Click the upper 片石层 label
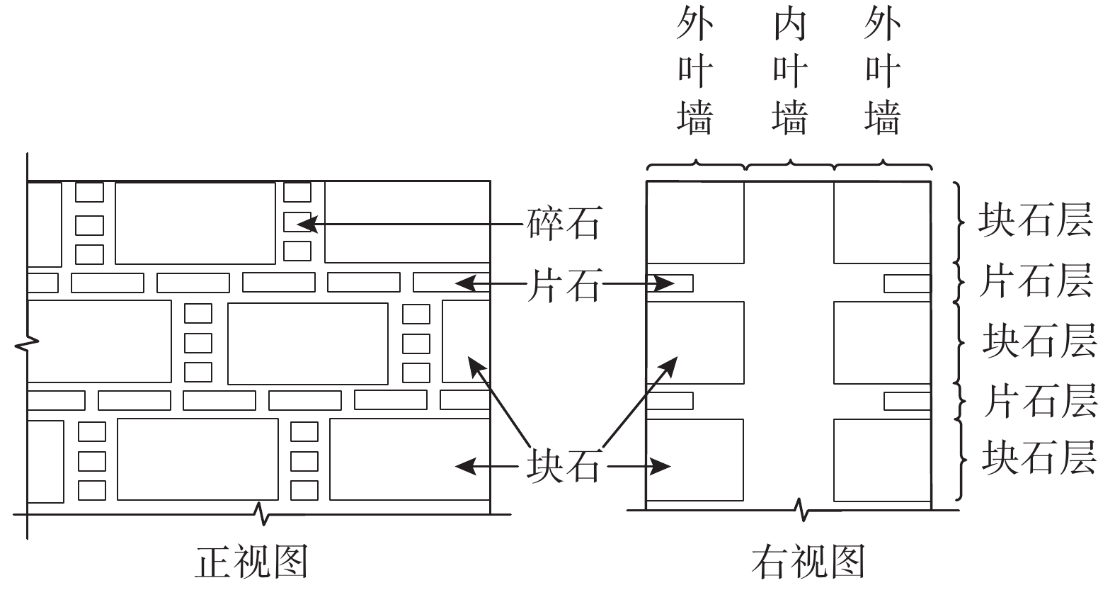click(1035, 280)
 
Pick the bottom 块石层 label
click(1039, 457)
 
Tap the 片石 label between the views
click(564, 285)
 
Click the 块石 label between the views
click(564, 467)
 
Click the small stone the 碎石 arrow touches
click(297, 222)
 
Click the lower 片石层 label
click(1039, 400)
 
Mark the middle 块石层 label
click(1039, 341)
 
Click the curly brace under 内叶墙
click(789, 166)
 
